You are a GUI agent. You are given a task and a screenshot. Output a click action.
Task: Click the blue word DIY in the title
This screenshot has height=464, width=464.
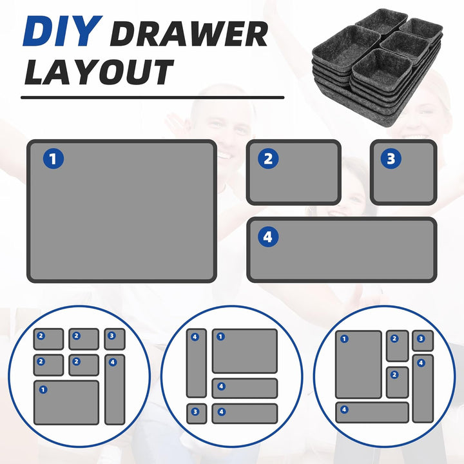[63, 32]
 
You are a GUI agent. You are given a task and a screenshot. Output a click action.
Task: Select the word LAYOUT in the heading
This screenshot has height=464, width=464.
[99, 72]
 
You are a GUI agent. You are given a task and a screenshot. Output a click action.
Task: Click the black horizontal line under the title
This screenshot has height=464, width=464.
[152, 97]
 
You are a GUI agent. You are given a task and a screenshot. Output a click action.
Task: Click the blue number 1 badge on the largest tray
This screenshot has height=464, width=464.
[53, 159]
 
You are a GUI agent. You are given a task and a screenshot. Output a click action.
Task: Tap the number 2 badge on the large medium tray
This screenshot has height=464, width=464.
[268, 159]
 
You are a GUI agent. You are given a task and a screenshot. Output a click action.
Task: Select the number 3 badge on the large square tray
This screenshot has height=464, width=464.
[391, 159]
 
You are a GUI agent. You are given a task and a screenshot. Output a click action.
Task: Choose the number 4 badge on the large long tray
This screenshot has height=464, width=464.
[268, 237]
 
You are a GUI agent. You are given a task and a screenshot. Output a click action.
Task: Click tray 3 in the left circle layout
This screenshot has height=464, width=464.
[115, 339]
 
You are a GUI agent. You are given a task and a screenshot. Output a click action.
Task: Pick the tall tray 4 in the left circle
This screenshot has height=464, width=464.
[115, 389]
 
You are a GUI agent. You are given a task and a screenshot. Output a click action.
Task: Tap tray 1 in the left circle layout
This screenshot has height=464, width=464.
[66, 403]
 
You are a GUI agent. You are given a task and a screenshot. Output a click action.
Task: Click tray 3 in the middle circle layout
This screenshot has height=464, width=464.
[197, 413]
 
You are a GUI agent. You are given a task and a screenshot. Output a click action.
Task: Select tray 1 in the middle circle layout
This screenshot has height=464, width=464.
[245, 351]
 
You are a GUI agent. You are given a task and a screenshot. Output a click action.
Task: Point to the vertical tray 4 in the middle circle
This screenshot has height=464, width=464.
[197, 363]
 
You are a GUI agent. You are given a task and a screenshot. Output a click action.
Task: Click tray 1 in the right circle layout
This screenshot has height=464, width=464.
[359, 365]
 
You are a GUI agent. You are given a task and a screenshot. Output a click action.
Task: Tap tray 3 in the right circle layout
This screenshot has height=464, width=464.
[423, 341]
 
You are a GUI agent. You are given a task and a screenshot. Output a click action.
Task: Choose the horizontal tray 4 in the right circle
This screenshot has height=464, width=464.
[372, 412]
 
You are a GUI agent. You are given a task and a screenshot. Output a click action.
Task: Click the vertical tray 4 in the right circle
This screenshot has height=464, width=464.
[423, 388]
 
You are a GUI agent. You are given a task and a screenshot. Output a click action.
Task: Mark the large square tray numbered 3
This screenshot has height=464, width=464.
[403, 173]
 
